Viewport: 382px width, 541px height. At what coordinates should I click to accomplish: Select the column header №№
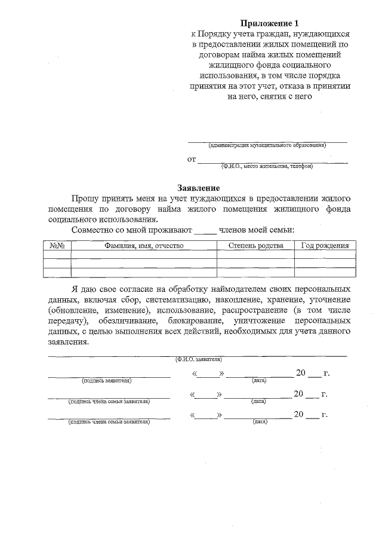57,246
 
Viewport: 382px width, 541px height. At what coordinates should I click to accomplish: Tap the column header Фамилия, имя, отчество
143,246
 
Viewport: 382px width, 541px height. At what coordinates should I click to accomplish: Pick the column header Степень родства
255,246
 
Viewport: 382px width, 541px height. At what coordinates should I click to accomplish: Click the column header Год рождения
325,246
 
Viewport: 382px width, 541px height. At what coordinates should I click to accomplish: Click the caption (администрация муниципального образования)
267,145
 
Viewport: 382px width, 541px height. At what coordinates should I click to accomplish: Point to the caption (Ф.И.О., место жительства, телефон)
267,166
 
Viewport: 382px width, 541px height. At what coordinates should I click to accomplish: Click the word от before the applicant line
191,160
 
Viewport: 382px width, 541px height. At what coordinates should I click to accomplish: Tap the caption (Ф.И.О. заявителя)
198,360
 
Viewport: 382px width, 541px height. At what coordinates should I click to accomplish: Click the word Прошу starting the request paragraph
85,198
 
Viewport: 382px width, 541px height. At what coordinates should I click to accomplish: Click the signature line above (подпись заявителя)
109,377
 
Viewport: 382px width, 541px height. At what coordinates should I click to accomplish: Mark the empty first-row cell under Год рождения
325,255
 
